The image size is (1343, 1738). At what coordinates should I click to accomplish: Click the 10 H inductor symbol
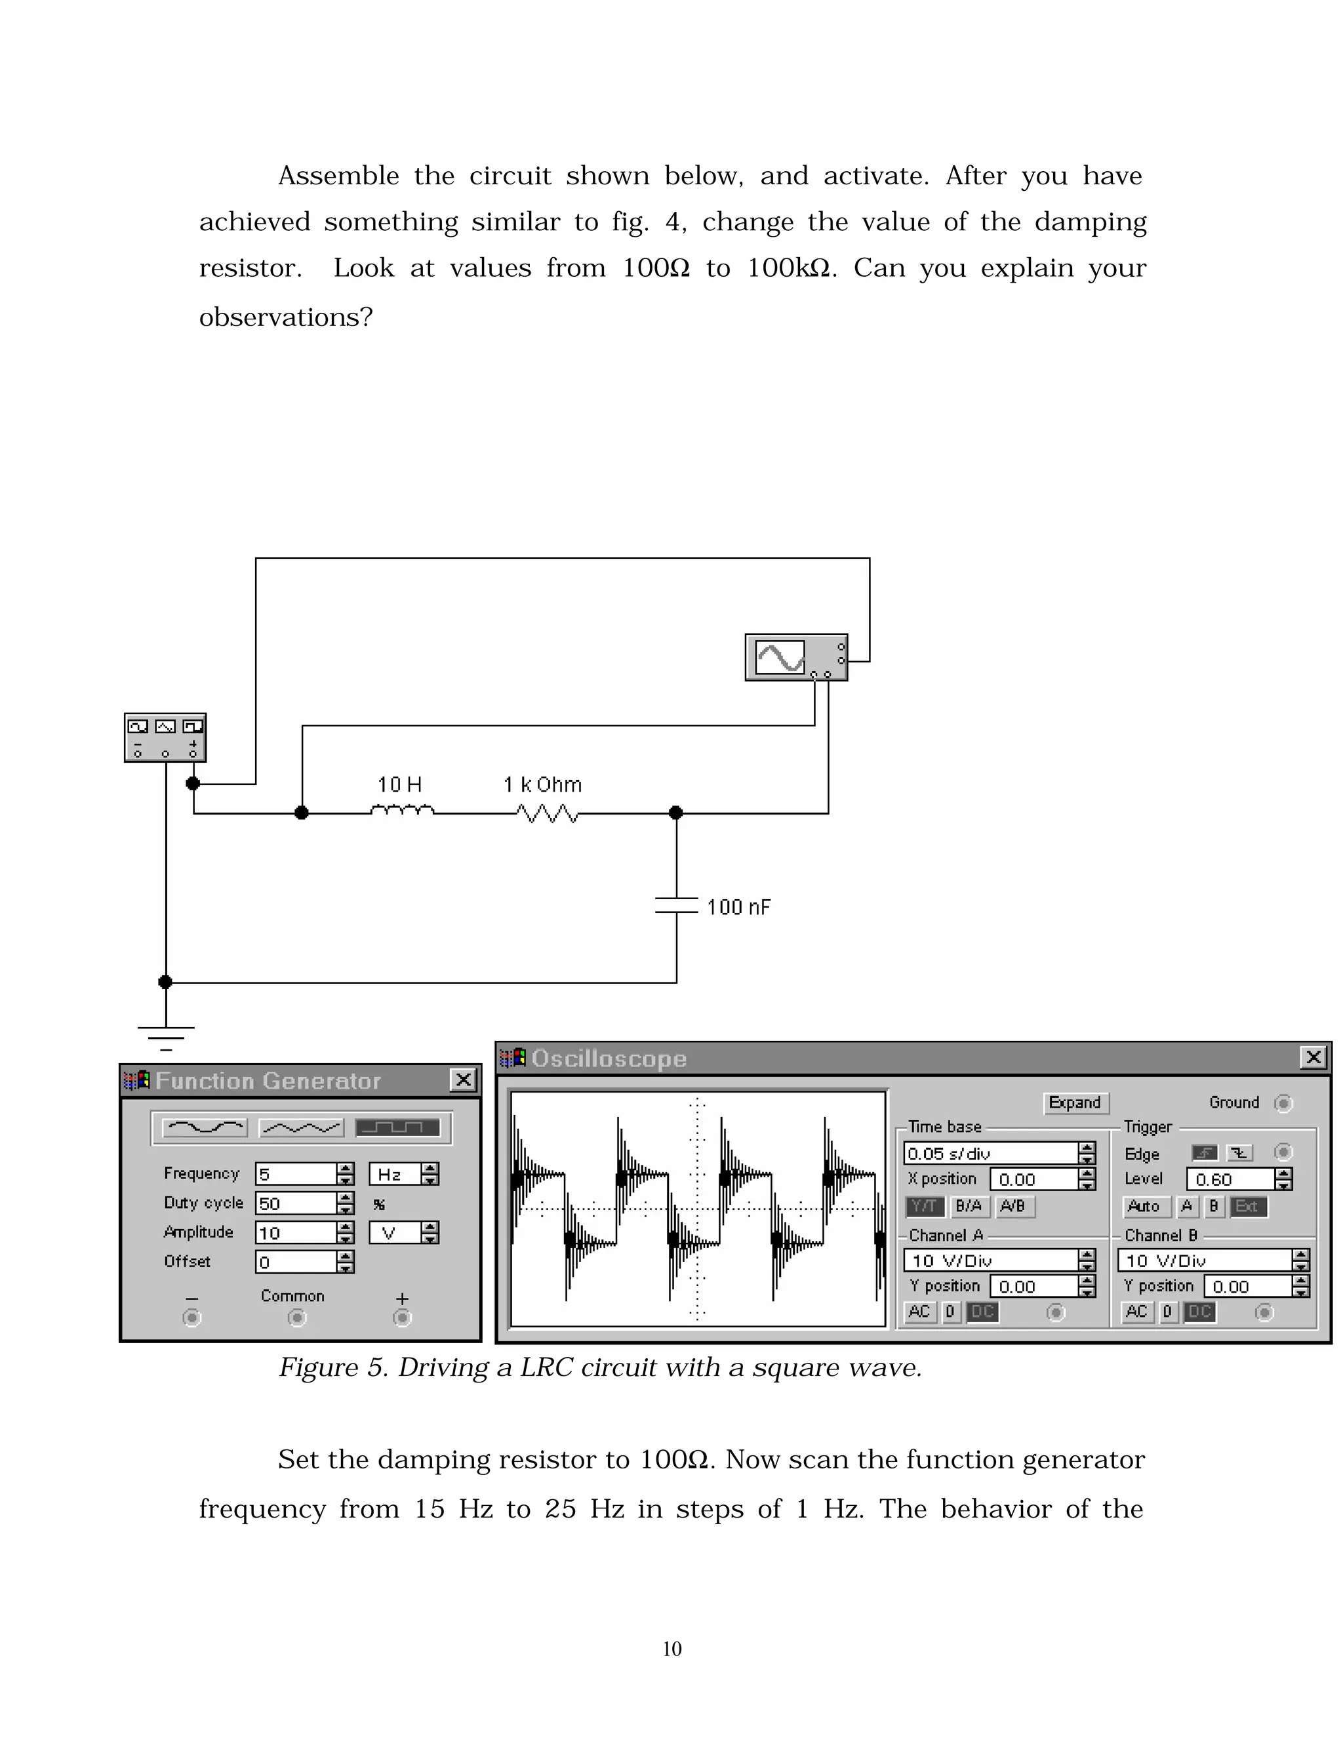[403, 810]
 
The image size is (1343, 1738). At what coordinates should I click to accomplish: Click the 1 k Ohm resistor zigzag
[548, 813]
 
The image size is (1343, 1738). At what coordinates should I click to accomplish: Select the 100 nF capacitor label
[738, 907]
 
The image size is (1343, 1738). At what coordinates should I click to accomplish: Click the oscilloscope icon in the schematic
[795, 657]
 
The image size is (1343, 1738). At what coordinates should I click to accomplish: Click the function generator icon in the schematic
[165, 737]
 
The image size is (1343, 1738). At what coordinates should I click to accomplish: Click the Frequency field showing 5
[295, 1174]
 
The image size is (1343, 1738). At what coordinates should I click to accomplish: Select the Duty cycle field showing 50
[295, 1203]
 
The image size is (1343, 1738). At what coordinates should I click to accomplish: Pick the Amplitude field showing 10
[295, 1233]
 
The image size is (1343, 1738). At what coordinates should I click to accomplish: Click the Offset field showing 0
[295, 1262]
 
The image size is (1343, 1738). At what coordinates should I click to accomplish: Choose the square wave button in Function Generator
[397, 1127]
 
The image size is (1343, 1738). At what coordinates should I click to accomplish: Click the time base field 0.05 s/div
[991, 1153]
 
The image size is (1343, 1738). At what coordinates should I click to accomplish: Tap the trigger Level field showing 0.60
[1230, 1179]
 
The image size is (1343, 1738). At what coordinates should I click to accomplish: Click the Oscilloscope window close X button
[1313, 1058]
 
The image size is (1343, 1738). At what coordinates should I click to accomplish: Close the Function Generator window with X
[463, 1080]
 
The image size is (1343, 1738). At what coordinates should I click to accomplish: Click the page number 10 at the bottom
[671, 1649]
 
